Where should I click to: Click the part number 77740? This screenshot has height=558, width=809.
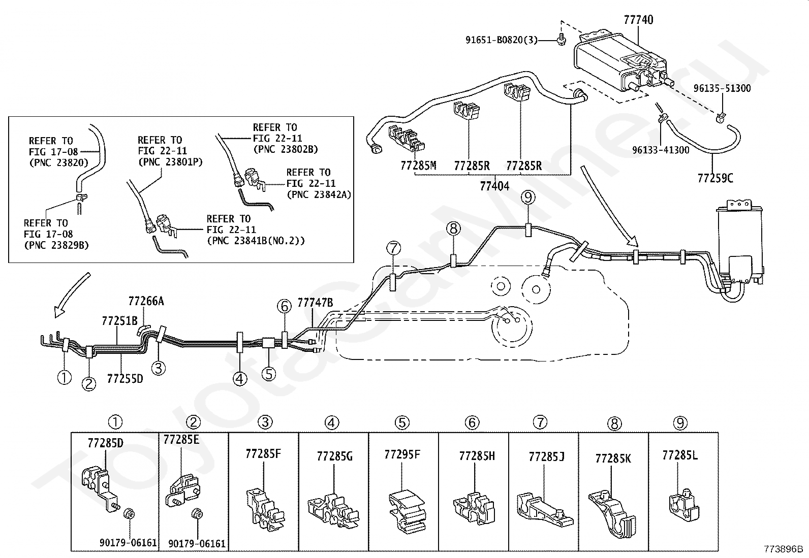click(639, 19)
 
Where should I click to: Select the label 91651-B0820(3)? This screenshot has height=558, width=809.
click(501, 40)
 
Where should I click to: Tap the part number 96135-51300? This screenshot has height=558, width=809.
click(722, 88)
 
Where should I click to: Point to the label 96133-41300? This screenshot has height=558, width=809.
click(661, 150)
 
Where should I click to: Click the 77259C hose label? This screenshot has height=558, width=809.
click(715, 178)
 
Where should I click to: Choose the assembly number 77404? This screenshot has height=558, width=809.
click(494, 186)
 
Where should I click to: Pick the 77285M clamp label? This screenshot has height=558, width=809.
click(418, 166)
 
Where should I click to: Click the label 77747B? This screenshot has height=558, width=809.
click(315, 303)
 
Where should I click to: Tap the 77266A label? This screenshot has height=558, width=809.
click(146, 301)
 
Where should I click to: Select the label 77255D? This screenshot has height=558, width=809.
click(125, 379)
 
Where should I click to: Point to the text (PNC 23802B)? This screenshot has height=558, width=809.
click(285, 149)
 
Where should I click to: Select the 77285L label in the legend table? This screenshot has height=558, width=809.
click(680, 455)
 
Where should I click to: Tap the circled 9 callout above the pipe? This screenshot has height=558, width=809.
click(528, 197)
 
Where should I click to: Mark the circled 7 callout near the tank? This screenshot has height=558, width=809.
click(394, 248)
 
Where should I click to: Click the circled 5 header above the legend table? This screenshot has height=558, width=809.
click(402, 422)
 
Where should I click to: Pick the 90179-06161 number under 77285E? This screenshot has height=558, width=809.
click(197, 544)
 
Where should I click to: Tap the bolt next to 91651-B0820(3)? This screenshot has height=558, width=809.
click(561, 39)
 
